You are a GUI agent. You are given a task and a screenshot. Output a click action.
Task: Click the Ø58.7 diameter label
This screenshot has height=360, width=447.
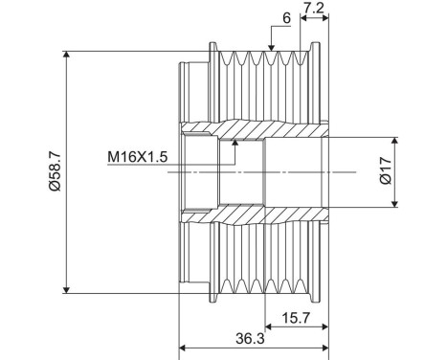tap(55, 170)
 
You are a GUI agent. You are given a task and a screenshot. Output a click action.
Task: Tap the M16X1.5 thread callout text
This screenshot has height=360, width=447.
tap(137, 157)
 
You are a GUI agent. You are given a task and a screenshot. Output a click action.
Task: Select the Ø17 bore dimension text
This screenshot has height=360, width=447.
tap(386, 170)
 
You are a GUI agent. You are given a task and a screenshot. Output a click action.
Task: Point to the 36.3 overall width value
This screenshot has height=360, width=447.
tap(250, 339)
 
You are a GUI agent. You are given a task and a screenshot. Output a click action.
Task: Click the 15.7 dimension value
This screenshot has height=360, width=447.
tap(296, 318)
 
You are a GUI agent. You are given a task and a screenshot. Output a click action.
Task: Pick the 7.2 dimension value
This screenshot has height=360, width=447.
tap(313, 9)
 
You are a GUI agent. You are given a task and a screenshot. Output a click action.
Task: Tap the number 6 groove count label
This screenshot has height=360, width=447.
tap(287, 18)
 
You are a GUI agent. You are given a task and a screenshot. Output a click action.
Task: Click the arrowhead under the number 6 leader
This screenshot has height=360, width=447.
tap(271, 48)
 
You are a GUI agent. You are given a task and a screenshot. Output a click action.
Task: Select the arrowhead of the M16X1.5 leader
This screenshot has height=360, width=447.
tap(235, 143)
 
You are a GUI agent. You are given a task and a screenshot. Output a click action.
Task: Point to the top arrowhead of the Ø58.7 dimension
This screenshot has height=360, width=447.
tap(66, 55)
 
